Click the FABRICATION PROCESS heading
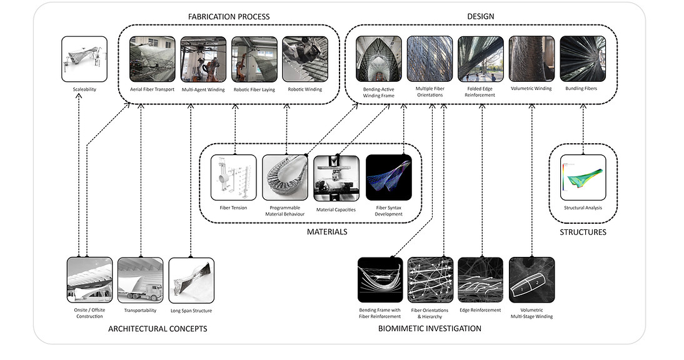pos(229,16)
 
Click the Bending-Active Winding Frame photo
pos(379,59)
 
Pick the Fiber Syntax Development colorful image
pos(388,177)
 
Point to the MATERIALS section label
pos(327,232)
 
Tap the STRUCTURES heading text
pos(583,232)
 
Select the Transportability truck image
pos(141,279)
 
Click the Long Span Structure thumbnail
pos(191,279)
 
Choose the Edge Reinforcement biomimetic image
pos(480,279)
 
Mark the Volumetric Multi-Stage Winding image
pos(531,279)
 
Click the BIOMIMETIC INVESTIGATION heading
pos(430,328)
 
